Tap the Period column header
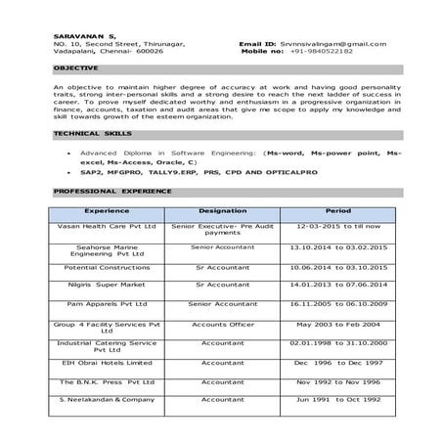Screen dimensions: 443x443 [338, 210]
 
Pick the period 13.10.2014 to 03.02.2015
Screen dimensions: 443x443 [338, 248]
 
